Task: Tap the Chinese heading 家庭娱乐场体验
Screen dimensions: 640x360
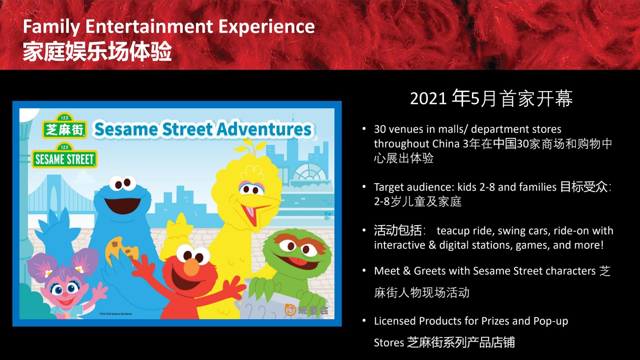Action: [97, 52]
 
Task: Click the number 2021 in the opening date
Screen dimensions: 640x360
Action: [428, 98]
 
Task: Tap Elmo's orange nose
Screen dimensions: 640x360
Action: [191, 266]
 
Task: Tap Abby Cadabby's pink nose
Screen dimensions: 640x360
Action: [65, 294]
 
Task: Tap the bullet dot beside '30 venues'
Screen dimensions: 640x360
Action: [364, 129]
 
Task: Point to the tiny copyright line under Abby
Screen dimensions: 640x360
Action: [116, 314]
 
